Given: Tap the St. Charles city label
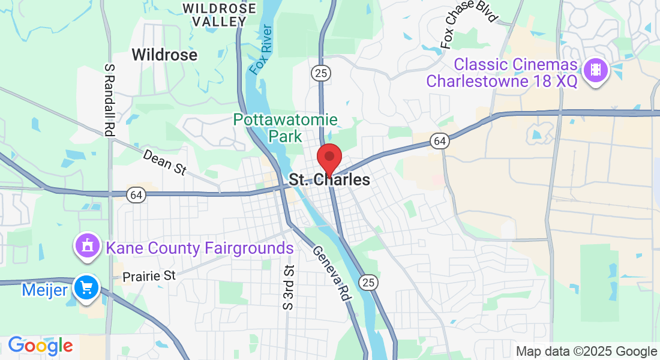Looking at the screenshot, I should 329,180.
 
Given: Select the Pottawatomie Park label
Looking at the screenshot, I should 286,128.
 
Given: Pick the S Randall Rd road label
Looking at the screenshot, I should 109,100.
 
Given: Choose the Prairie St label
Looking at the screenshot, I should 149,277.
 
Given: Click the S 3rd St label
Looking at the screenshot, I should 289,287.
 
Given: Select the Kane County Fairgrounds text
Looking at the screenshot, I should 199,248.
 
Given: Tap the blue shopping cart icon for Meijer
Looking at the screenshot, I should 86,289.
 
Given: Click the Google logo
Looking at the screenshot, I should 40,346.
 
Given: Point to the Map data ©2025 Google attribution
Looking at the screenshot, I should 586,352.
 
